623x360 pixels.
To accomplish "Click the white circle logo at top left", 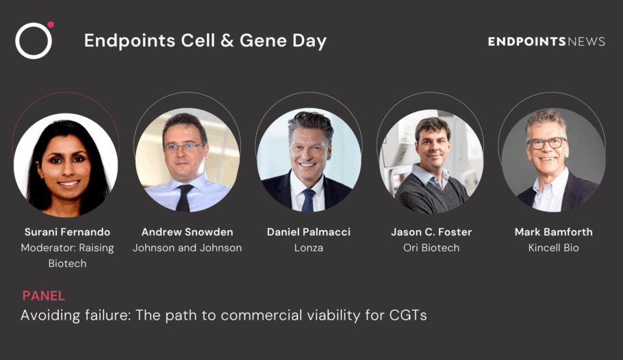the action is coord(34,24).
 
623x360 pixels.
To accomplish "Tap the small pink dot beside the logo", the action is coord(51,25).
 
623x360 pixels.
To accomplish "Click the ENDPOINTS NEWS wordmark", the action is coord(546,41).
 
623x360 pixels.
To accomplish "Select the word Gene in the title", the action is coord(263,40).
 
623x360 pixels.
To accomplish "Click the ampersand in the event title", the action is coord(227,40).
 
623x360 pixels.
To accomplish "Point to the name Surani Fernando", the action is coord(67,231).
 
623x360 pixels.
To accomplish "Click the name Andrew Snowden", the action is coord(187,231).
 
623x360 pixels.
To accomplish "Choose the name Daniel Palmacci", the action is coord(309,231).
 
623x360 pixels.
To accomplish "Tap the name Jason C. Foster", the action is coord(431,231).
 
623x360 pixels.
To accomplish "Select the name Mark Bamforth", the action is coord(553,231).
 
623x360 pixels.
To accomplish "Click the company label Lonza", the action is coord(309,248).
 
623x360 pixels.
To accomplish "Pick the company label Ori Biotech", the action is coord(431,248).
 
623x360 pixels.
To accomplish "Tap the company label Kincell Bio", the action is coord(553,248).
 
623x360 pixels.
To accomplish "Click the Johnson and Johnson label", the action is coord(187,248).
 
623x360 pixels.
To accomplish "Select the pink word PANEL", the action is coord(43,296).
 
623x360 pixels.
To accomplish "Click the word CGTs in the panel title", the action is coord(408,315).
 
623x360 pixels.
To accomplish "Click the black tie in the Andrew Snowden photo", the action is coord(185,198).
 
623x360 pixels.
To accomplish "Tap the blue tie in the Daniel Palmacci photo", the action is coord(308,200).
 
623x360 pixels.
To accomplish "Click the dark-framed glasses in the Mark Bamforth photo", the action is coord(547,143).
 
